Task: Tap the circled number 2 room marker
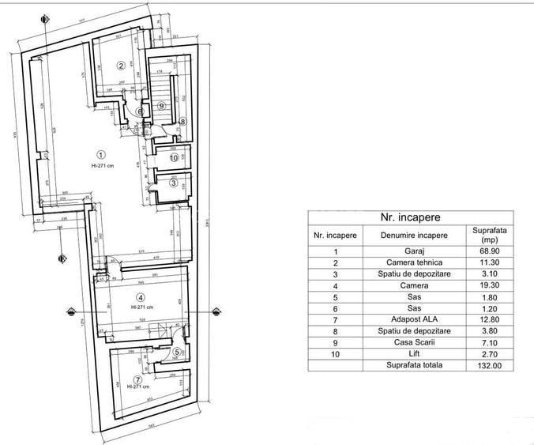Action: pyautogui.click(x=121, y=65)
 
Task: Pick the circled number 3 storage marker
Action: pyautogui.click(x=175, y=183)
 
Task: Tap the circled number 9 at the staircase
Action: pyautogui.click(x=161, y=105)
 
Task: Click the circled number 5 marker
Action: pyautogui.click(x=177, y=352)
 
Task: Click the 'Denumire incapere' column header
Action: pyautogui.click(x=413, y=235)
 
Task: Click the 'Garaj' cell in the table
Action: pyautogui.click(x=413, y=250)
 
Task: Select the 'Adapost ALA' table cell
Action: pyautogui.click(x=413, y=319)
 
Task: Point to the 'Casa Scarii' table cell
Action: pyautogui.click(x=413, y=342)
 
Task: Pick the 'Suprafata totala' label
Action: pyautogui.click(x=413, y=365)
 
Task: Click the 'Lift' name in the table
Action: pyautogui.click(x=413, y=354)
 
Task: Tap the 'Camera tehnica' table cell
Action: pyautogui.click(x=413, y=262)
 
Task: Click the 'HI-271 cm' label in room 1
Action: pyautogui.click(x=101, y=166)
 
